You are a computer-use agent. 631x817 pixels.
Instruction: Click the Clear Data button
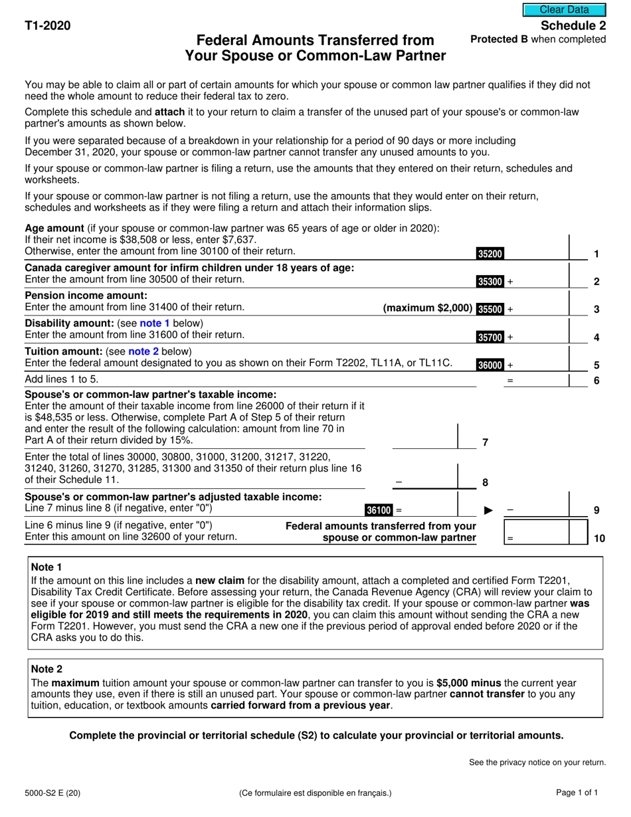564,10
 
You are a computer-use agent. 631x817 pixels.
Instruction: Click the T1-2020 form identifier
47,26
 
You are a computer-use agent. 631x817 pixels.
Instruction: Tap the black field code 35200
490,253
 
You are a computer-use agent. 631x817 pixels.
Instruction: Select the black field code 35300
490,282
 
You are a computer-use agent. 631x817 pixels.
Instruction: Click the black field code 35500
490,309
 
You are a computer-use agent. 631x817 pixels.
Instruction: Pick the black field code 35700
490,337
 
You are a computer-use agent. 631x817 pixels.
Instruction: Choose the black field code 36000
490,365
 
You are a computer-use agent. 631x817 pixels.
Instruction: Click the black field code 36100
379,510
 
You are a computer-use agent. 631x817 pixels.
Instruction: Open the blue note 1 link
155,323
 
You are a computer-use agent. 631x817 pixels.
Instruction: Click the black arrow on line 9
488,510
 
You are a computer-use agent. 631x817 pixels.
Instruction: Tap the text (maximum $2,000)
428,308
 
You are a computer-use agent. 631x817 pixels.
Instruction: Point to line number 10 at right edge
598,539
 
